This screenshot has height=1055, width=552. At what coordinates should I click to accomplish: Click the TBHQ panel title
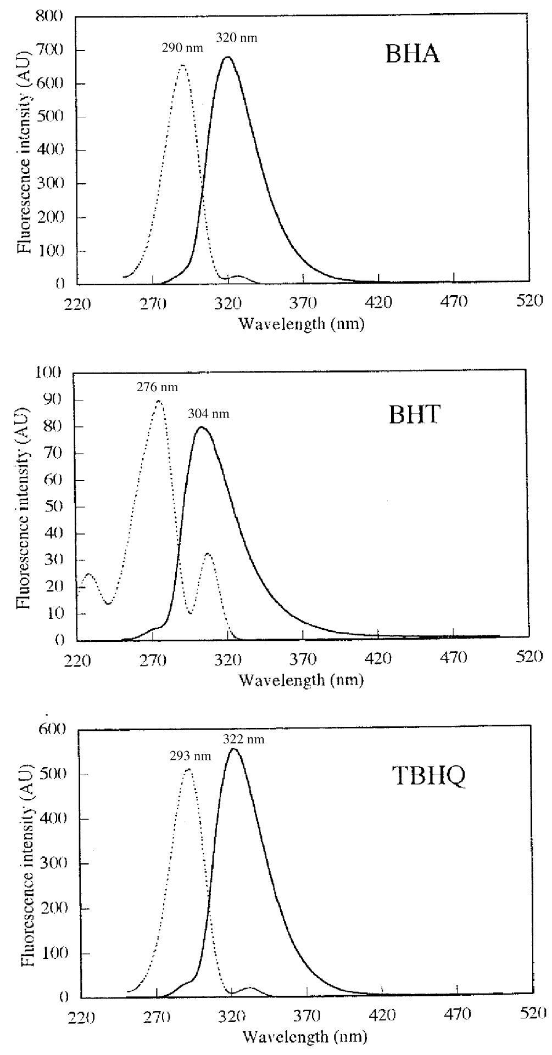coord(431,776)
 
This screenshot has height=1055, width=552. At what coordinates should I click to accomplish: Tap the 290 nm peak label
coord(182,48)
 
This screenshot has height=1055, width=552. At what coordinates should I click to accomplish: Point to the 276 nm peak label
coord(157,387)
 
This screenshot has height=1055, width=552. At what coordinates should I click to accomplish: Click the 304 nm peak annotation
coord(208,414)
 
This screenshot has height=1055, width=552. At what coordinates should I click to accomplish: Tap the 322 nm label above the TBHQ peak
coord(243,740)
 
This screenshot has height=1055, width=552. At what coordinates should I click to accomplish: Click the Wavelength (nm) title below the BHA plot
coord(302,324)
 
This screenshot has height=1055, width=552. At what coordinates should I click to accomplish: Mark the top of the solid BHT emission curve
coord(201,427)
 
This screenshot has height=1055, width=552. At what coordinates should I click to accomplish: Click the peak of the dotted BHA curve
coord(182,65)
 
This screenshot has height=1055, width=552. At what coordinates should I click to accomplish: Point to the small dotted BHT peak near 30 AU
coord(208,554)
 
